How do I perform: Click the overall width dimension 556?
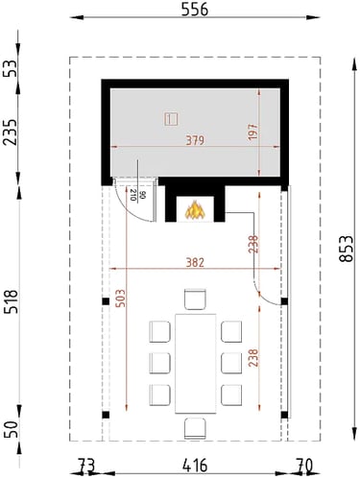click(x=195, y=10)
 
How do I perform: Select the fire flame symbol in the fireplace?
click(x=195, y=210)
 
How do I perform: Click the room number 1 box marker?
click(x=171, y=119)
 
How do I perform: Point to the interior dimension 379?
click(x=195, y=140)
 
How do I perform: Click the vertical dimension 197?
click(x=252, y=131)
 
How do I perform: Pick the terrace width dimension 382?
click(x=195, y=262)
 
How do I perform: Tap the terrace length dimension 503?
click(x=120, y=299)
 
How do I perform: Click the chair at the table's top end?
click(x=195, y=299)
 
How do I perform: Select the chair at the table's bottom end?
click(x=195, y=428)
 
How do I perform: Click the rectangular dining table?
click(x=195, y=364)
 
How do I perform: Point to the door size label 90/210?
click(x=137, y=195)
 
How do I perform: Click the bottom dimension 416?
click(x=195, y=466)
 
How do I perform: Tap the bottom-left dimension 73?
click(x=86, y=466)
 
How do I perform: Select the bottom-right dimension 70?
click(x=303, y=466)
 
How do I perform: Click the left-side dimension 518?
click(x=11, y=302)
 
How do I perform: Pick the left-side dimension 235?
click(x=11, y=132)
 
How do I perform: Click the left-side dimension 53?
click(x=11, y=68)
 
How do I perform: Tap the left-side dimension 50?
click(x=11, y=429)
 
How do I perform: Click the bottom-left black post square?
click(x=106, y=415)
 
